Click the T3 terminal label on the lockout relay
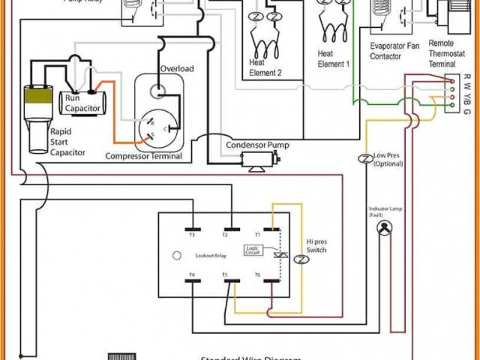click(192, 235)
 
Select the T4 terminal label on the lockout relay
click(192, 275)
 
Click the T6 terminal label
click(257, 275)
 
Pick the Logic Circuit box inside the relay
click(253, 250)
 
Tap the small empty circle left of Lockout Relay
click(177, 255)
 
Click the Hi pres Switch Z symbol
click(301, 259)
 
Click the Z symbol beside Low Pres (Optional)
click(364, 159)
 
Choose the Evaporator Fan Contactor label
click(395, 51)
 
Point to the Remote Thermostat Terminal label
click(447, 54)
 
